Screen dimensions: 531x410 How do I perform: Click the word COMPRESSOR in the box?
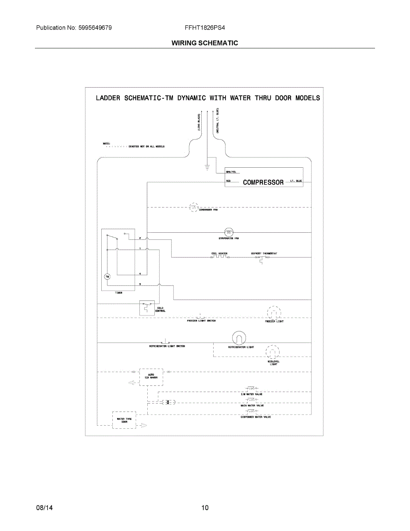(x=263, y=182)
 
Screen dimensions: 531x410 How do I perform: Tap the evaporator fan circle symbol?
(x=229, y=232)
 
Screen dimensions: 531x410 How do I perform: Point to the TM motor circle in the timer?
(x=107, y=277)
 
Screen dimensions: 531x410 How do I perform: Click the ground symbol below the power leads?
(x=207, y=167)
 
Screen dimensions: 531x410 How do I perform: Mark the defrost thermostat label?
(x=264, y=254)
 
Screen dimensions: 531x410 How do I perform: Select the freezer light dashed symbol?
(x=274, y=313)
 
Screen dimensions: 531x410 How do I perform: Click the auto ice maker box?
(x=151, y=377)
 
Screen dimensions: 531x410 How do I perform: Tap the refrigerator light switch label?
(x=167, y=346)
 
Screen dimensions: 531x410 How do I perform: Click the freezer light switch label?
(x=201, y=321)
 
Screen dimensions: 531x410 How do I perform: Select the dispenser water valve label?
(x=256, y=417)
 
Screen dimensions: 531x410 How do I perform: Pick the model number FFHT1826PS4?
(x=205, y=28)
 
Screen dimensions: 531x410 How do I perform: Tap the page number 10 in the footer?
(x=205, y=508)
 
